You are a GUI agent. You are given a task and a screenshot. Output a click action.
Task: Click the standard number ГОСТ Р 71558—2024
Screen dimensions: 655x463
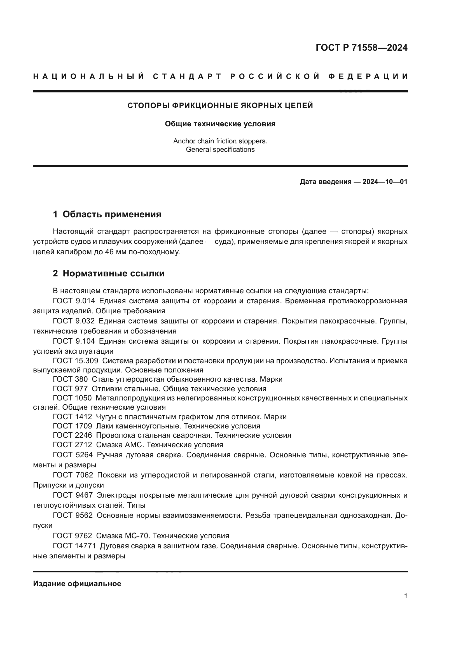[x=361, y=48]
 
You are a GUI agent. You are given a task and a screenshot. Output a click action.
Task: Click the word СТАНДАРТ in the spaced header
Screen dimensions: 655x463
[x=187, y=76]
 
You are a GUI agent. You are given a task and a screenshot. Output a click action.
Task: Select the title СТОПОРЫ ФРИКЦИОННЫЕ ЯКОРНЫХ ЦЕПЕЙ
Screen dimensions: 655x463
[x=220, y=106]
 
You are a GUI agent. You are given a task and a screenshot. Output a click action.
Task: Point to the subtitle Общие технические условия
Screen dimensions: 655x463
[x=220, y=124]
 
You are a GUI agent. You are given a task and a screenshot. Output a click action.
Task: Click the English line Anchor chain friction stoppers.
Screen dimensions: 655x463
[x=220, y=141]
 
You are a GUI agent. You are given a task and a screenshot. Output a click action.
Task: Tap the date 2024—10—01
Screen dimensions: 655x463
[x=385, y=182]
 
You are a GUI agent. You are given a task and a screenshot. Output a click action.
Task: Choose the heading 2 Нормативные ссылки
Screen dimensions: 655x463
[x=109, y=273]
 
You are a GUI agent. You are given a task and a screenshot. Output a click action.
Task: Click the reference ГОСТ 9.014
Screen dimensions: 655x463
[x=74, y=301]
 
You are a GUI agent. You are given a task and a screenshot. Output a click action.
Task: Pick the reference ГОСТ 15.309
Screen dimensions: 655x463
[x=76, y=361]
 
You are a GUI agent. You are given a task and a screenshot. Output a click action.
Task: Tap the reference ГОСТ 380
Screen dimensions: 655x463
[x=71, y=379]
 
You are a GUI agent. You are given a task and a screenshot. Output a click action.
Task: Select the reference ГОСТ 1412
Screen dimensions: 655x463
[x=73, y=417]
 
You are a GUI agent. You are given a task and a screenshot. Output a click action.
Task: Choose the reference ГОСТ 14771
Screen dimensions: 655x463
[x=74, y=546]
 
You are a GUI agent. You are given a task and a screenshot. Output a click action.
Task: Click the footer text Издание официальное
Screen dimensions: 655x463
[x=77, y=584]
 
